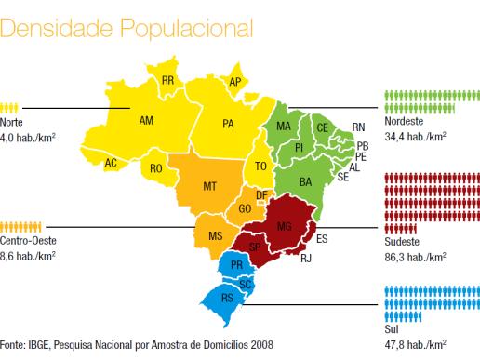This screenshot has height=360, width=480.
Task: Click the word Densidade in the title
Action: [56, 28]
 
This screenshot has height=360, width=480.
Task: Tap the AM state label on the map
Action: [146, 120]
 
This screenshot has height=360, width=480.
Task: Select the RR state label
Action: [167, 81]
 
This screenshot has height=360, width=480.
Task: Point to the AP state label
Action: [235, 82]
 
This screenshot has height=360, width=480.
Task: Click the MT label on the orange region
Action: [209, 186]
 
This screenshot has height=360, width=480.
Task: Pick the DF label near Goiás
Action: [261, 195]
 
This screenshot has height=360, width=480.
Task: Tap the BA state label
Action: [305, 182]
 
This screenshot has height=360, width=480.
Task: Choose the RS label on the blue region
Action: [227, 298]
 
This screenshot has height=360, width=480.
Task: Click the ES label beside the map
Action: [322, 239]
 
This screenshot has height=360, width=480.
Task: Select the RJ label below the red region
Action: [306, 258]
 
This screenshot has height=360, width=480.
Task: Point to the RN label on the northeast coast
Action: [358, 127]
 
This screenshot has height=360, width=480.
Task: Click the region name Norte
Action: [11, 122]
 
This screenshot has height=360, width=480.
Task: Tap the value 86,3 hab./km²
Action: [416, 257]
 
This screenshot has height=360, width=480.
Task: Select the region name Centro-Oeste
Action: [28, 240]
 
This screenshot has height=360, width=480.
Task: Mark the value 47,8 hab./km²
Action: [416, 344]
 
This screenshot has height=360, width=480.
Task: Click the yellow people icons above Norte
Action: [9, 108]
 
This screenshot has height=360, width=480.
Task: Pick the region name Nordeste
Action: [404, 121]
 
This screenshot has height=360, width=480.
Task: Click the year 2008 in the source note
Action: [262, 344]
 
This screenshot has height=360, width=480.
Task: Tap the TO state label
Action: [260, 167]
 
